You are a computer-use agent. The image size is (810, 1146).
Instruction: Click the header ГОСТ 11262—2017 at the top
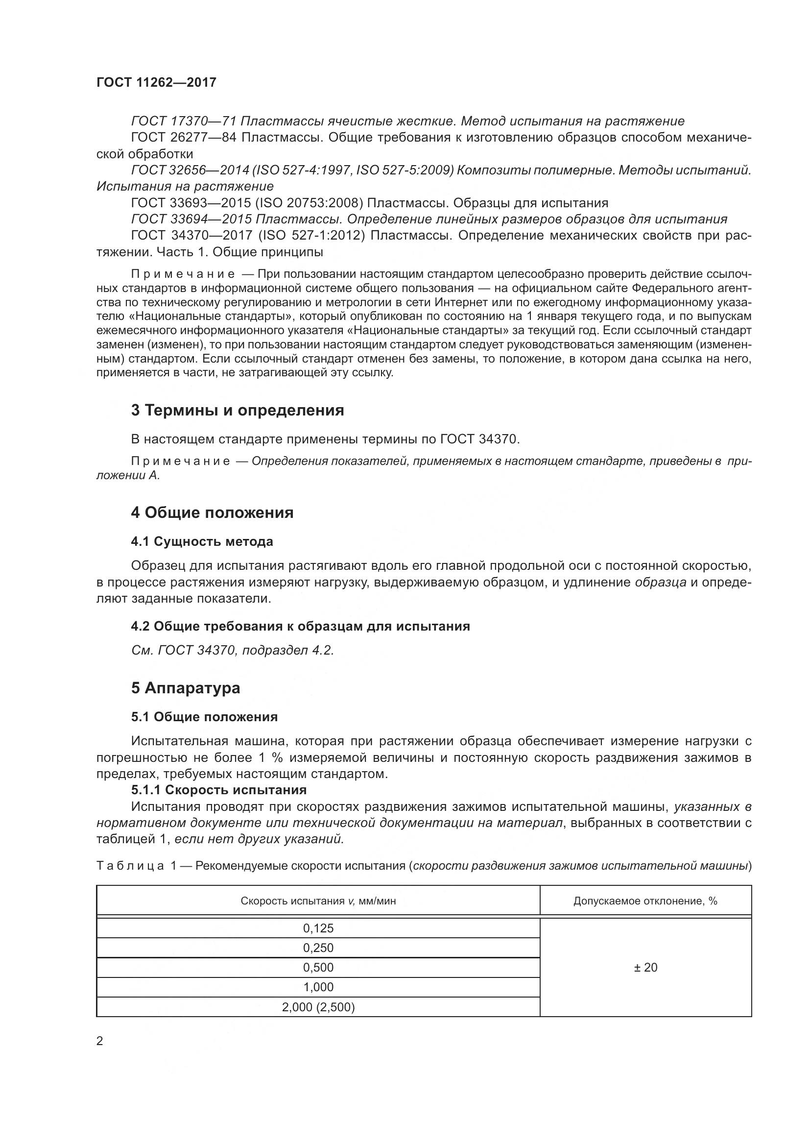[x=156, y=82]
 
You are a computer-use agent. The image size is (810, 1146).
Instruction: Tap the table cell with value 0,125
[x=318, y=928]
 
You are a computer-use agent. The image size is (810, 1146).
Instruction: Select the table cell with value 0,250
[x=318, y=948]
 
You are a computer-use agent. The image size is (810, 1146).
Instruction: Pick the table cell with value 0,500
[x=318, y=967]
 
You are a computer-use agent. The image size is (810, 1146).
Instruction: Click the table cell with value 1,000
[x=318, y=987]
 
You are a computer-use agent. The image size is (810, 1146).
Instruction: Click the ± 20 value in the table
[x=645, y=967]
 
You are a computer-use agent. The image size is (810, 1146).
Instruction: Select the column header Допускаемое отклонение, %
[x=645, y=901]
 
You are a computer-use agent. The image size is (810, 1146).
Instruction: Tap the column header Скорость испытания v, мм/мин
[x=318, y=901]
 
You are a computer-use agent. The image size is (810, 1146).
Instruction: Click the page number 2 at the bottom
[x=100, y=1041]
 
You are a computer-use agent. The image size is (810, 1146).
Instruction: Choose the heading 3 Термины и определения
[x=238, y=410]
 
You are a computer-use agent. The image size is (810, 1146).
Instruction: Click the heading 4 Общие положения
[x=212, y=512]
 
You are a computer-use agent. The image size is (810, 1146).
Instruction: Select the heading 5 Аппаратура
[x=186, y=688]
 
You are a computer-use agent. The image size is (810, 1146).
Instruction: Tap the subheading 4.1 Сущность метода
[x=202, y=541]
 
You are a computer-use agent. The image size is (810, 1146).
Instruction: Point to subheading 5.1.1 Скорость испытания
[x=219, y=790]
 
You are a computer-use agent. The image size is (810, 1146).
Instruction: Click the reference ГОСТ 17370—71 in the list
[x=184, y=122]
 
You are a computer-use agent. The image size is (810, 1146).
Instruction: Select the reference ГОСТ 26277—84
[x=184, y=137]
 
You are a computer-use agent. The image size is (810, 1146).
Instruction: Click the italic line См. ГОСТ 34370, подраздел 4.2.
[x=233, y=650]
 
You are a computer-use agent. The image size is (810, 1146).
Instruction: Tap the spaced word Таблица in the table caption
[x=130, y=866]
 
